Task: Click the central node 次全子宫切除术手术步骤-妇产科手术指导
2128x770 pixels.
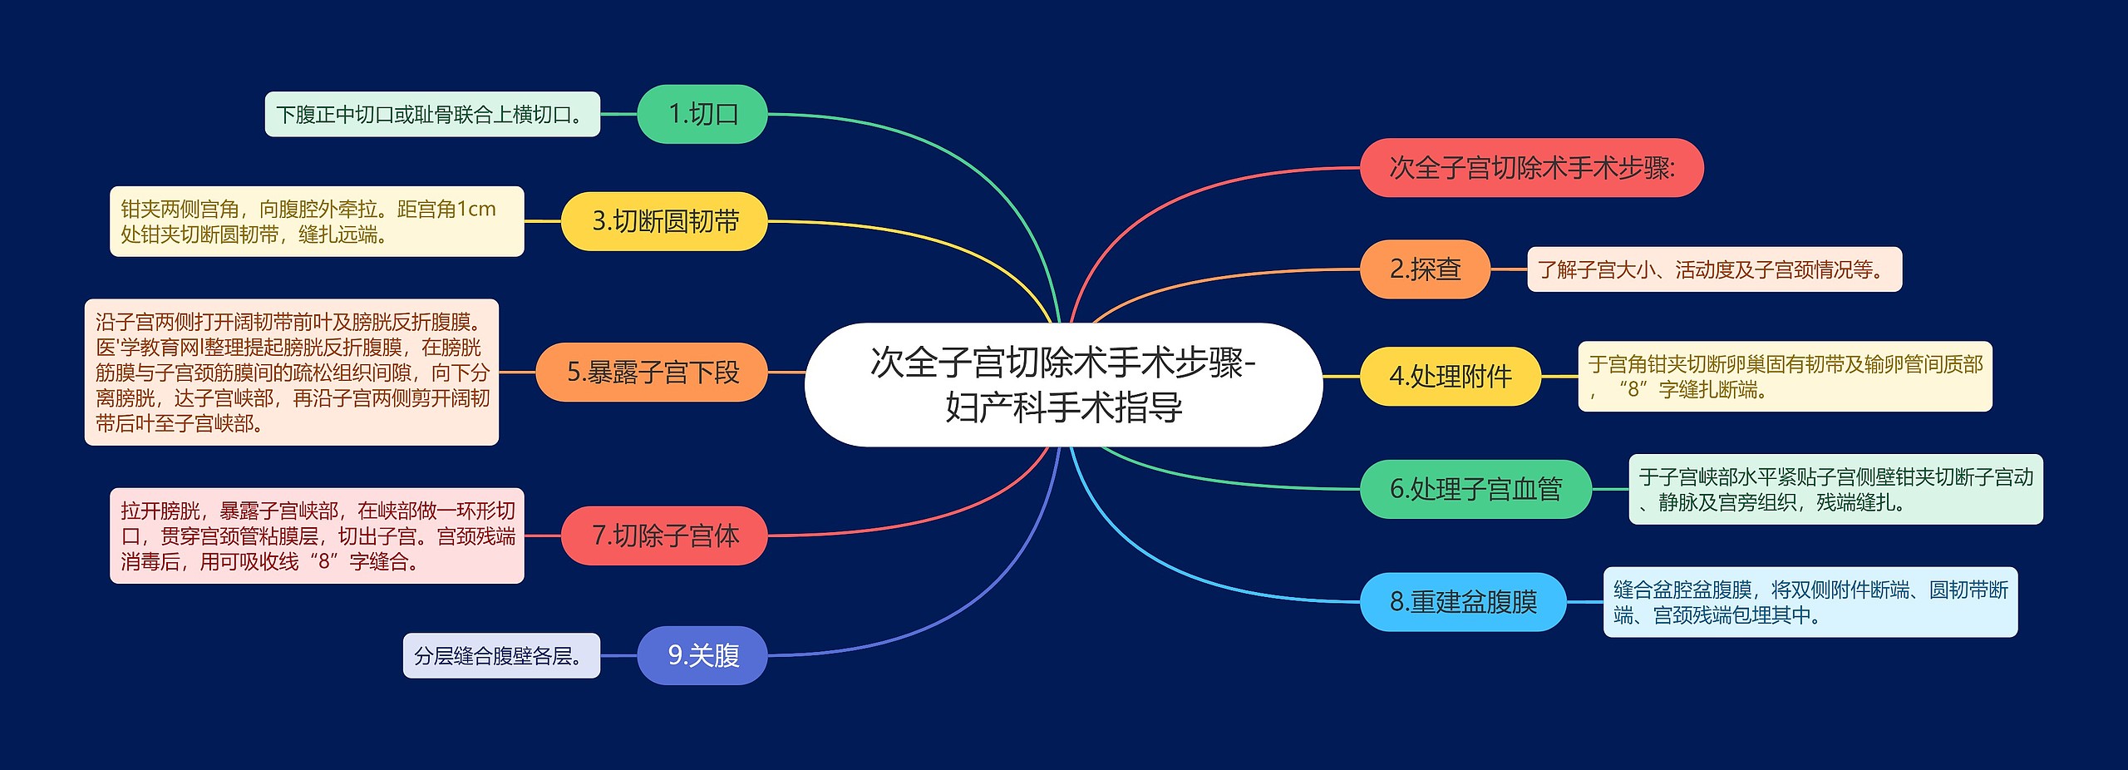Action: click(x=1063, y=384)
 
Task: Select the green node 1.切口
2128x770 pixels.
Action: click(x=702, y=114)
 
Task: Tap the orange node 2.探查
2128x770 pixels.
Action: click(x=1425, y=269)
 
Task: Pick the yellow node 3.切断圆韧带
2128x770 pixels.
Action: click(x=664, y=221)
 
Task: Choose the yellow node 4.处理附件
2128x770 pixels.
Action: click(x=1450, y=377)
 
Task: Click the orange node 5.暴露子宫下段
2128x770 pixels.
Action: click(x=652, y=373)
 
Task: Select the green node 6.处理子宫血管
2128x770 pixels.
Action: click(x=1475, y=489)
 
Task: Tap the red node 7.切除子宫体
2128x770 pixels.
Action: click(x=664, y=536)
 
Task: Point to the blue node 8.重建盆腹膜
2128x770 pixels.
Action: click(x=1463, y=602)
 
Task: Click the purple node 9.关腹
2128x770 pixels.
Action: click(x=702, y=655)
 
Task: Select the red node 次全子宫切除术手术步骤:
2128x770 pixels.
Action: click(x=1531, y=168)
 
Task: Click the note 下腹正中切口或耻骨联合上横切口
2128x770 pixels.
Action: click(x=432, y=114)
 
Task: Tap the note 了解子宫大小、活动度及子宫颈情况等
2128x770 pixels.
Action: click(x=1714, y=269)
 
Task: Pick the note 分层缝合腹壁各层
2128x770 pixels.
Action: click(x=501, y=655)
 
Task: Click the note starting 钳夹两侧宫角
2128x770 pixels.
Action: click(x=317, y=221)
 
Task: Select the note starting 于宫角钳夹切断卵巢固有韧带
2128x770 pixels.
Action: click(x=1785, y=377)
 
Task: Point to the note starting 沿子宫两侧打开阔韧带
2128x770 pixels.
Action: click(x=292, y=373)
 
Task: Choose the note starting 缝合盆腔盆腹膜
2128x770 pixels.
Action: click(x=1810, y=602)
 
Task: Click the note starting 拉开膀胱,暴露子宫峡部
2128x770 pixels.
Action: click(x=317, y=536)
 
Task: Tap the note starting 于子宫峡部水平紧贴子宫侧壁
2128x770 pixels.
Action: click(x=1835, y=489)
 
